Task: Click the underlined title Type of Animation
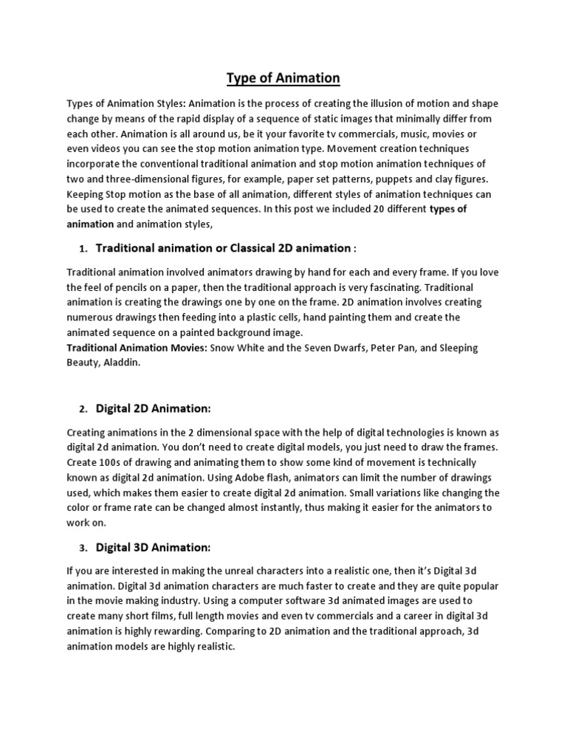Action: point(283,78)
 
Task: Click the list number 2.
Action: point(83,409)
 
